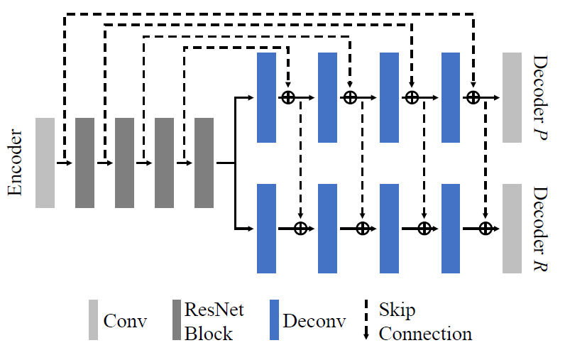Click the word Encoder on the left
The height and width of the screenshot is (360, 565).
(x=16, y=163)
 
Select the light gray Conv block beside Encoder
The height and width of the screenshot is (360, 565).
(x=45, y=163)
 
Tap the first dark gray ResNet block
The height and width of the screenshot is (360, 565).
(x=84, y=163)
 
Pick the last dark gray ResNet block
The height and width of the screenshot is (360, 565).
(x=204, y=163)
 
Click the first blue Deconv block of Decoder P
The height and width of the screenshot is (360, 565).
(x=266, y=97)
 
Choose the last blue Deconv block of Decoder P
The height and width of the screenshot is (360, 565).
(x=451, y=97)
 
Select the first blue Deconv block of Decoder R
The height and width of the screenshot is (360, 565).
(x=266, y=228)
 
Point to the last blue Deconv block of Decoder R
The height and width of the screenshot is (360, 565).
(x=451, y=228)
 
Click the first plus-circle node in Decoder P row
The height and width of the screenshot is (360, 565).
(x=288, y=97)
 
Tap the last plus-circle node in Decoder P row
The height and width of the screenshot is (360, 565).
(x=473, y=97)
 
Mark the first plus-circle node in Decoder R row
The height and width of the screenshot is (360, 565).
(x=300, y=228)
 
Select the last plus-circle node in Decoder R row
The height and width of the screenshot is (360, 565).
(x=486, y=228)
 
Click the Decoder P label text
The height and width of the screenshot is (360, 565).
(x=542, y=97)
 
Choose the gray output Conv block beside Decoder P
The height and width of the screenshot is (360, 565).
(x=512, y=97)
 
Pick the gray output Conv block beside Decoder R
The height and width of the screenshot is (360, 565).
(x=512, y=228)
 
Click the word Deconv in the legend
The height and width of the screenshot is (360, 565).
(x=314, y=321)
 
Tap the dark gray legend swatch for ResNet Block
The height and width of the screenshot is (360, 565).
(x=177, y=321)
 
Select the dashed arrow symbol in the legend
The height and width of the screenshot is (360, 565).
(x=366, y=321)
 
